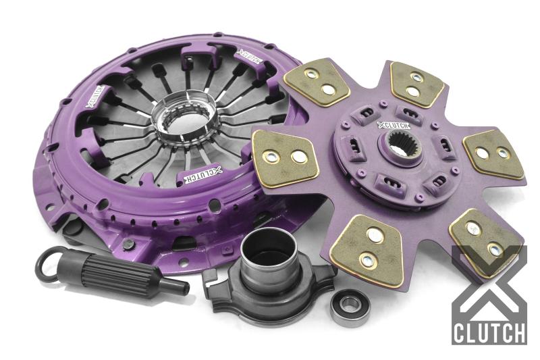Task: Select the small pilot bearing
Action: pyautogui.click(x=350, y=308)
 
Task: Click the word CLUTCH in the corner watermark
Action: pyautogui.click(x=489, y=332)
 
